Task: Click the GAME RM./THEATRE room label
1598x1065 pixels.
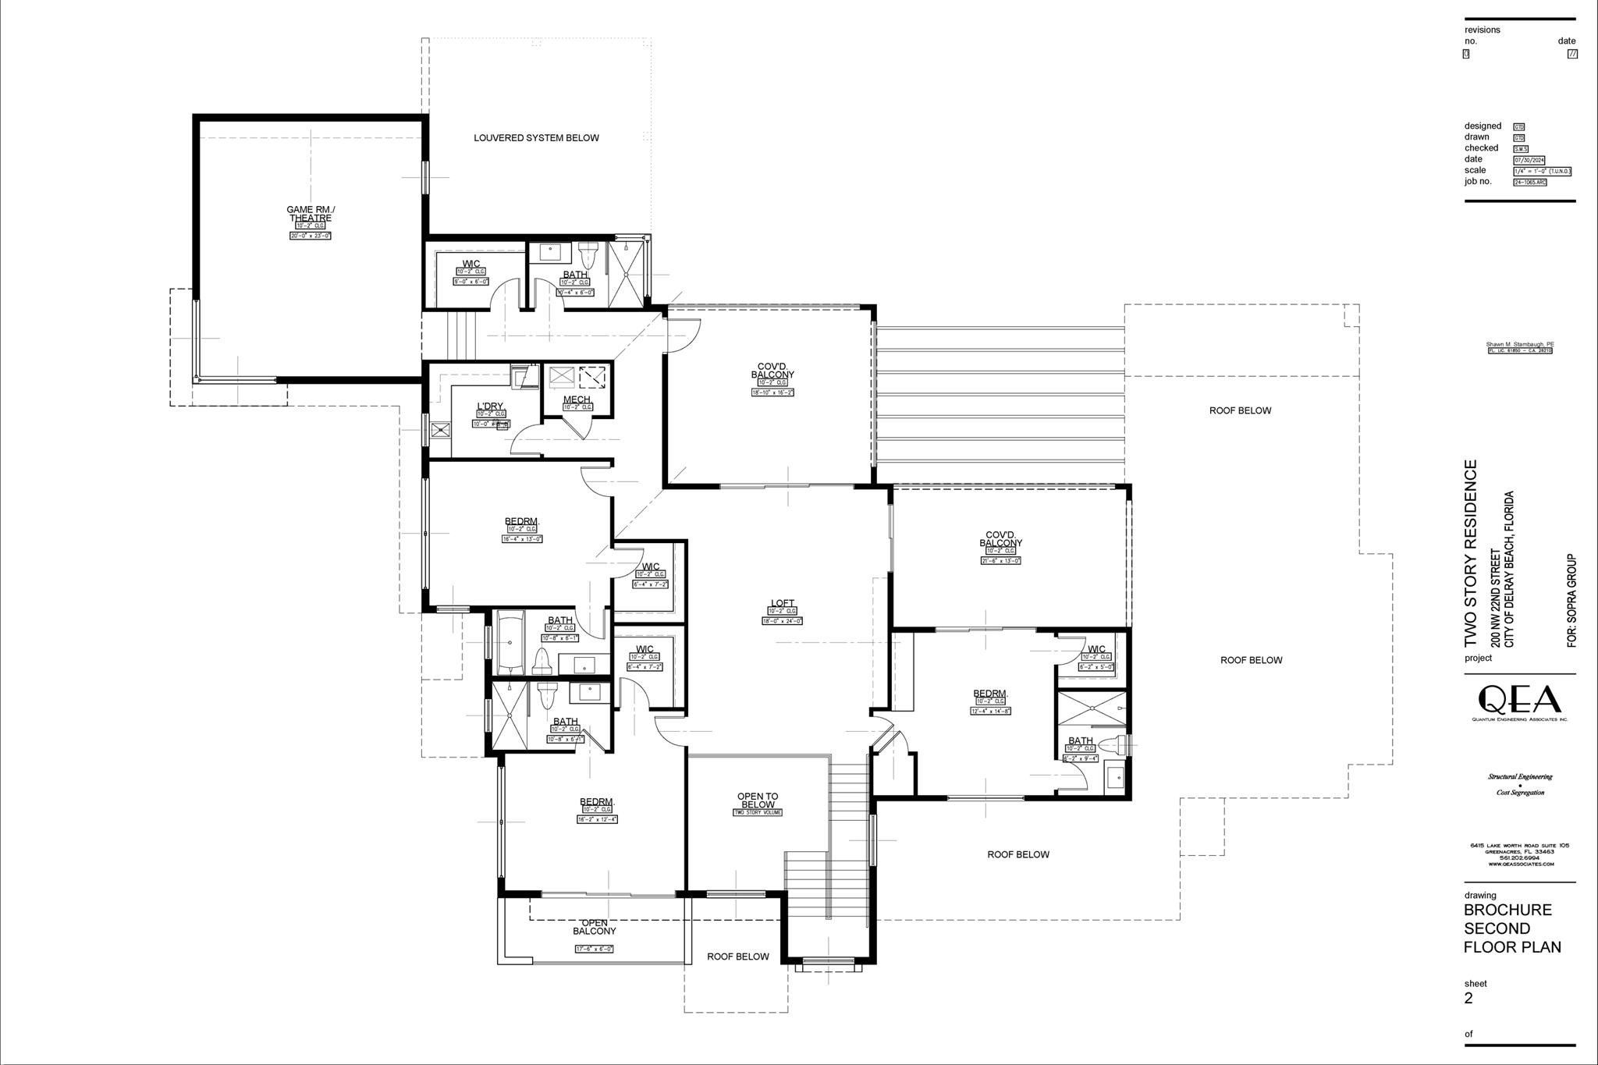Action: pos(311,213)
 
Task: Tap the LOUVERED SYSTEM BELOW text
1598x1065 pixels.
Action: pos(536,138)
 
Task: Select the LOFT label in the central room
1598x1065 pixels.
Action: pos(782,603)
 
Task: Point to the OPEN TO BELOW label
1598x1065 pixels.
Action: pos(757,801)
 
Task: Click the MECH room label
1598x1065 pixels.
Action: pos(577,399)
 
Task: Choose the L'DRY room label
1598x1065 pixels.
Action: pos(489,406)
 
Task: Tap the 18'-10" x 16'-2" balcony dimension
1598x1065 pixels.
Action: pos(772,392)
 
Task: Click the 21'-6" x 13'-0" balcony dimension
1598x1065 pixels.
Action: pos(1000,560)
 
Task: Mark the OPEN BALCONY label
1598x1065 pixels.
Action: pos(594,927)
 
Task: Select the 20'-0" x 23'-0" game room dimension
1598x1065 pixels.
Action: pos(310,235)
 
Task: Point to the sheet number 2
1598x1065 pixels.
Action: pos(1468,998)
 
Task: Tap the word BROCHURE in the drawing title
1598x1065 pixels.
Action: pos(1507,910)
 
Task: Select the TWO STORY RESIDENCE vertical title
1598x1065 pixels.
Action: pos(1471,553)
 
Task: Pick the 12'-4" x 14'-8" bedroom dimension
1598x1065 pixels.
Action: pos(990,711)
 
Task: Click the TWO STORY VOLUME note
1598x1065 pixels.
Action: pos(757,812)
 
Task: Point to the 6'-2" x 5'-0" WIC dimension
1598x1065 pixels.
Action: pos(1096,667)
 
